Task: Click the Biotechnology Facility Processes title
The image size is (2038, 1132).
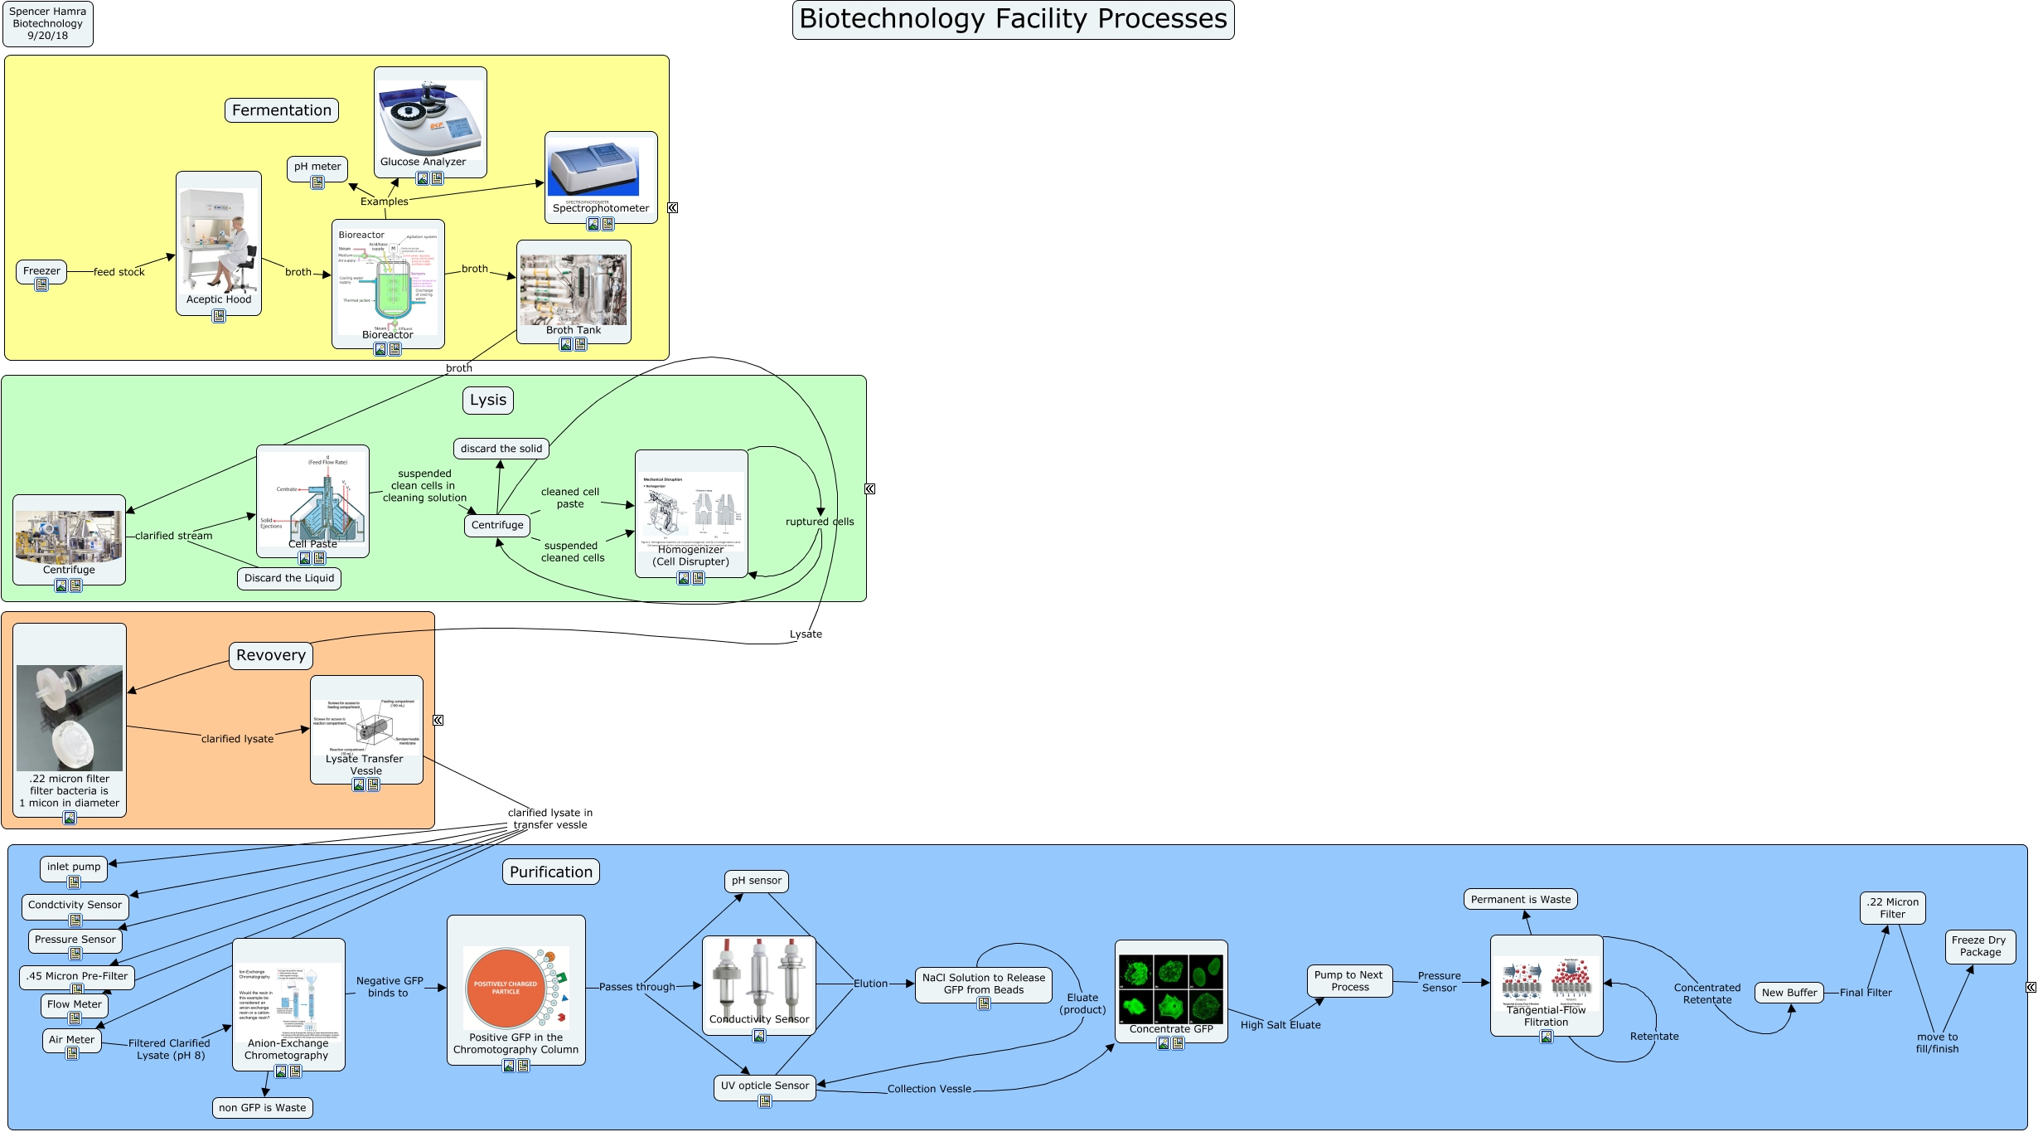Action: coord(1013,19)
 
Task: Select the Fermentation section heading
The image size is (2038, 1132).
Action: coord(282,110)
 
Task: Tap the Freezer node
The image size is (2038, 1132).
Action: coord(41,271)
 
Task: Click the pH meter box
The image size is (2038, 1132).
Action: coord(317,167)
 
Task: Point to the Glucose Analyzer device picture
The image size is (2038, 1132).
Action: coord(430,117)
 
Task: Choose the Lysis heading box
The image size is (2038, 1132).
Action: coord(488,400)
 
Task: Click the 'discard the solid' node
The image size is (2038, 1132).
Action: coord(501,449)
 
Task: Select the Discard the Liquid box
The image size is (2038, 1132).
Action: coord(289,578)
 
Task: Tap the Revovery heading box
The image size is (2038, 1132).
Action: coord(271,655)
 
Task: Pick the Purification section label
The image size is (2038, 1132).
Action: coord(551,872)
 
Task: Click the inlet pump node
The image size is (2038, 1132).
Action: coord(74,867)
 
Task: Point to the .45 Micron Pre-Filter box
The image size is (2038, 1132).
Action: coord(77,976)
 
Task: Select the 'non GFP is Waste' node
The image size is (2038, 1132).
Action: coord(263,1108)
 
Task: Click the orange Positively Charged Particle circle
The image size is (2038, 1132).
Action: coord(506,988)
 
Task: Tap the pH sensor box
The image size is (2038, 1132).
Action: coord(757,881)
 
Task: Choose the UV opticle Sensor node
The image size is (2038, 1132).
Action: coord(765,1086)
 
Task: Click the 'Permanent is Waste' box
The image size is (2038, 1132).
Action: coord(1521,900)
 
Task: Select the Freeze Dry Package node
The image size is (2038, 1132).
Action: coord(1979,946)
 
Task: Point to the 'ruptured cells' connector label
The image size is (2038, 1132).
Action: coord(820,522)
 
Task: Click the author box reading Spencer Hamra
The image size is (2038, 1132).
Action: coord(48,23)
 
